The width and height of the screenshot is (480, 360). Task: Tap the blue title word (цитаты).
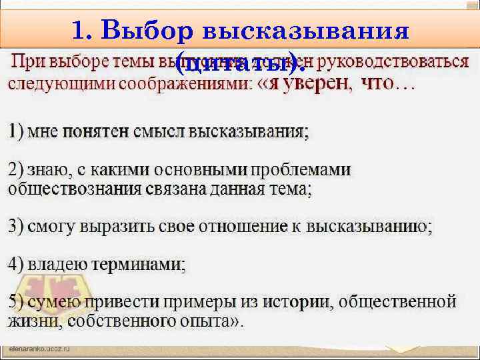point(239,64)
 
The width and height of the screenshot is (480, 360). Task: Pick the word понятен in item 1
point(96,131)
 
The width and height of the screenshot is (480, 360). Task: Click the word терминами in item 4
point(147,265)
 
